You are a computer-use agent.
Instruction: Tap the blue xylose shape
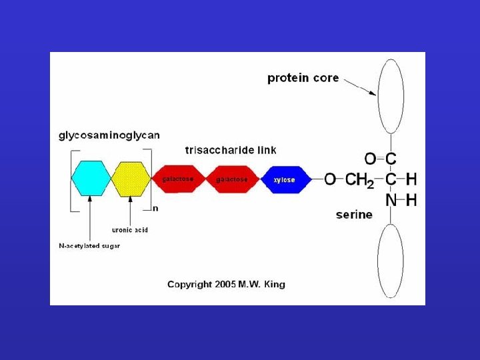click(283, 179)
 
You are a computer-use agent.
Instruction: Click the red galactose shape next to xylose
click(231, 179)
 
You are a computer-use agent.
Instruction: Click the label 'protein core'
click(303, 78)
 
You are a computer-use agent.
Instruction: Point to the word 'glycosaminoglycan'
click(109, 135)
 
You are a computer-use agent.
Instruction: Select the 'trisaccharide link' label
click(231, 150)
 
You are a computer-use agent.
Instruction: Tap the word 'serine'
click(354, 215)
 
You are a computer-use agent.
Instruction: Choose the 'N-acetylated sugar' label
click(89, 246)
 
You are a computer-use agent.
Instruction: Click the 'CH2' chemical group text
click(359, 179)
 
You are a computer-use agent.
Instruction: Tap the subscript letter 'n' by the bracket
click(155, 207)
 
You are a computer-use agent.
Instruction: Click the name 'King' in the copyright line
click(274, 285)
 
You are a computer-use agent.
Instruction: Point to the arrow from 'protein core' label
click(359, 87)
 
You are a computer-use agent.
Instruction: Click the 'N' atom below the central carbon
click(391, 200)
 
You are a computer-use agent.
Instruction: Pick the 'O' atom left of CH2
click(330, 179)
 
